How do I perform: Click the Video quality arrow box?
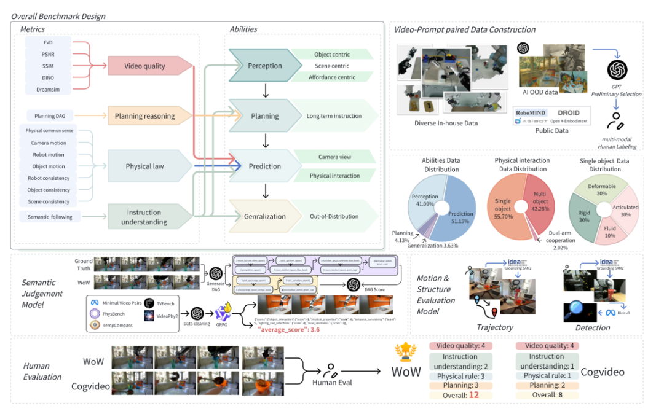pyautogui.click(x=144, y=66)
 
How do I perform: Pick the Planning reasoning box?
pyautogui.click(x=144, y=115)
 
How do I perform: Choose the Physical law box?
pyautogui.click(x=144, y=166)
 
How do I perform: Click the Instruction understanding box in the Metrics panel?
pyautogui.click(x=144, y=217)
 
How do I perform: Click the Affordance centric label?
pyautogui.click(x=332, y=77)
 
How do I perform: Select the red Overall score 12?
pyautogui.click(x=473, y=396)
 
